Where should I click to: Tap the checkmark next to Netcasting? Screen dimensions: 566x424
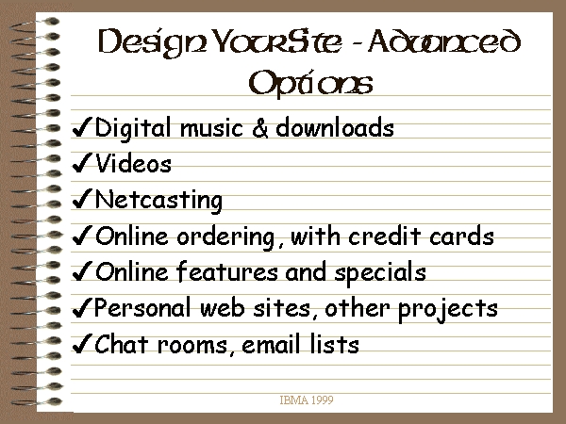pos(82,199)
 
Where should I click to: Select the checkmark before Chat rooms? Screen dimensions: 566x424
pos(82,343)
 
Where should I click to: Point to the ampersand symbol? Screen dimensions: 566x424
pos(260,127)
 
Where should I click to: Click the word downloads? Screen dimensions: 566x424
pos(335,127)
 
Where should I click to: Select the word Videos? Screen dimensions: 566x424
pos(133,164)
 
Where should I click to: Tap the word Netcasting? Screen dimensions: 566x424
pos(158,201)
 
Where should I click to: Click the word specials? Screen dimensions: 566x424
pos(380,273)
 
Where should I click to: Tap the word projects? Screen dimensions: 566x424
pos(447,310)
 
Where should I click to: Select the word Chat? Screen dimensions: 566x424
pos(122,344)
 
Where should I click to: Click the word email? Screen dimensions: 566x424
pos(271,344)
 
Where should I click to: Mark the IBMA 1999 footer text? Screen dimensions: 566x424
pos(307,400)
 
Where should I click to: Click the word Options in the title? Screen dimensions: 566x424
pos(310,84)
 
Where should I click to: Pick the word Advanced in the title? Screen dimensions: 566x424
pos(444,41)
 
